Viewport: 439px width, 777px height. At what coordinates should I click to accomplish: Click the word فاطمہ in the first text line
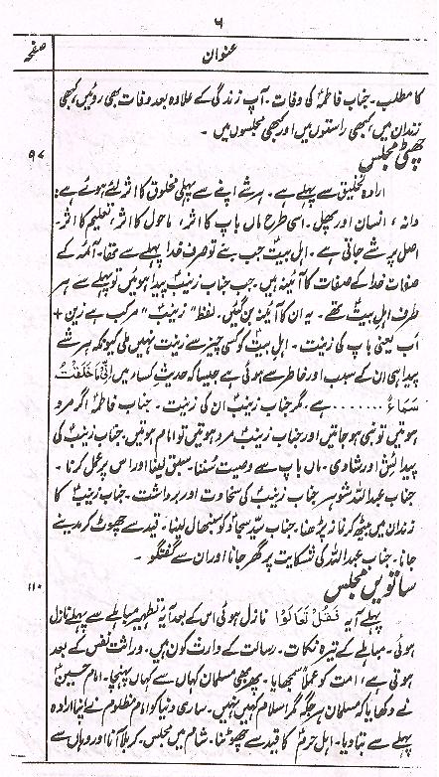(x=318, y=78)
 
